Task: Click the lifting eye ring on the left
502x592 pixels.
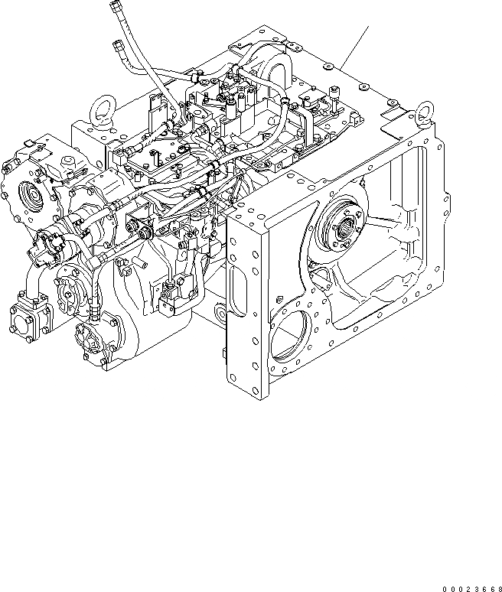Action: click(99, 108)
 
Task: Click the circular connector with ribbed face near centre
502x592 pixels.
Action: click(142, 230)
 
